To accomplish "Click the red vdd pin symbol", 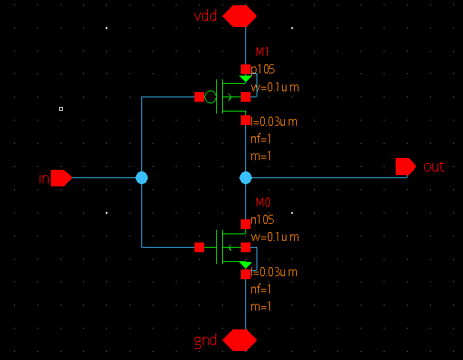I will [x=239, y=16].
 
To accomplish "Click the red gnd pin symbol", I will [x=239, y=340].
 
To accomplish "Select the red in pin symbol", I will [x=61, y=178].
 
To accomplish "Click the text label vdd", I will [x=206, y=16].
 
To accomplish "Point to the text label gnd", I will [x=206, y=341].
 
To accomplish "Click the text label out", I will [x=434, y=166].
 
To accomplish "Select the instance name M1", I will [x=263, y=52].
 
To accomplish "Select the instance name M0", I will [x=263, y=202].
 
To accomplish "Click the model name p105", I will [x=263, y=70].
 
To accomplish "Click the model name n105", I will [x=263, y=220].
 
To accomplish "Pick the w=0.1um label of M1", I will [x=275, y=88].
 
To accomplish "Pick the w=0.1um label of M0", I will [x=275, y=237].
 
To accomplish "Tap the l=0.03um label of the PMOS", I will [x=275, y=121].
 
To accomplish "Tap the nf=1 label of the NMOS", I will [x=260, y=289].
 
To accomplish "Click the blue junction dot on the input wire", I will [x=141, y=177].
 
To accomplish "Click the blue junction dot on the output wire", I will [x=245, y=177].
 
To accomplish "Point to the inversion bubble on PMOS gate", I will [x=210, y=97].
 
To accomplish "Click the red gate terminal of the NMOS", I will [x=199, y=247].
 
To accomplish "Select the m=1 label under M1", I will [x=260, y=156].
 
